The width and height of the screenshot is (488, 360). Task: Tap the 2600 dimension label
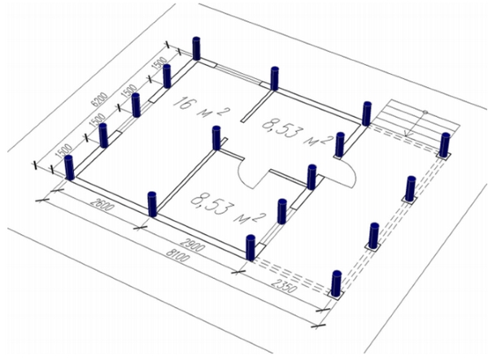pyautogui.click(x=102, y=204)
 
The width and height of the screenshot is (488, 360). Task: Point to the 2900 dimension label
pyautogui.click(x=194, y=245)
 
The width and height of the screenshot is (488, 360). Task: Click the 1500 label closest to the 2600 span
pyautogui.click(x=63, y=152)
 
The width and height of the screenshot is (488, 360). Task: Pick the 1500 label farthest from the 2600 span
pyautogui.click(x=159, y=63)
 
